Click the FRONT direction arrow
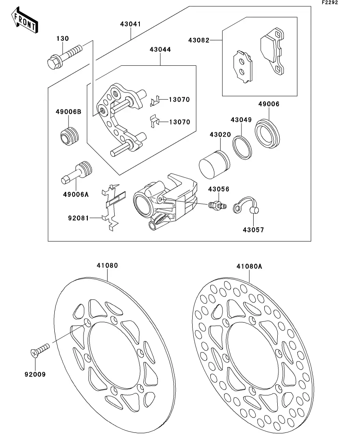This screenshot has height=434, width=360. (25, 20)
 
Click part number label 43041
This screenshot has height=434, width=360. (130, 24)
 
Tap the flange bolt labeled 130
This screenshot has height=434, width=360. (64, 57)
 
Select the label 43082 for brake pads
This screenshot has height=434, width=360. (199, 40)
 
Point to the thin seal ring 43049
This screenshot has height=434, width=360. (242, 148)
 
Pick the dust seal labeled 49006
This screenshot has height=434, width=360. (267, 133)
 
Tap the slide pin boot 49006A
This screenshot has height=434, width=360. (76, 173)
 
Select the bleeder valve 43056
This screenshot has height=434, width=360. (217, 205)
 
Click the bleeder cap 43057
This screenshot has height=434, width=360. (246, 205)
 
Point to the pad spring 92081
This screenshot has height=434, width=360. (113, 207)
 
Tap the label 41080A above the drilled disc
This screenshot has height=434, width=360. (249, 266)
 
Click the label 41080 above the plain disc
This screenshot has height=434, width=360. (107, 266)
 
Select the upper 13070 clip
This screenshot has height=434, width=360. (155, 101)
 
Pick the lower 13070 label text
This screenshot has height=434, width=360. (180, 122)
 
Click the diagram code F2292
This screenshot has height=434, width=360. (330, 2)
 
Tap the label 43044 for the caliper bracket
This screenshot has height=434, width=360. (160, 50)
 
